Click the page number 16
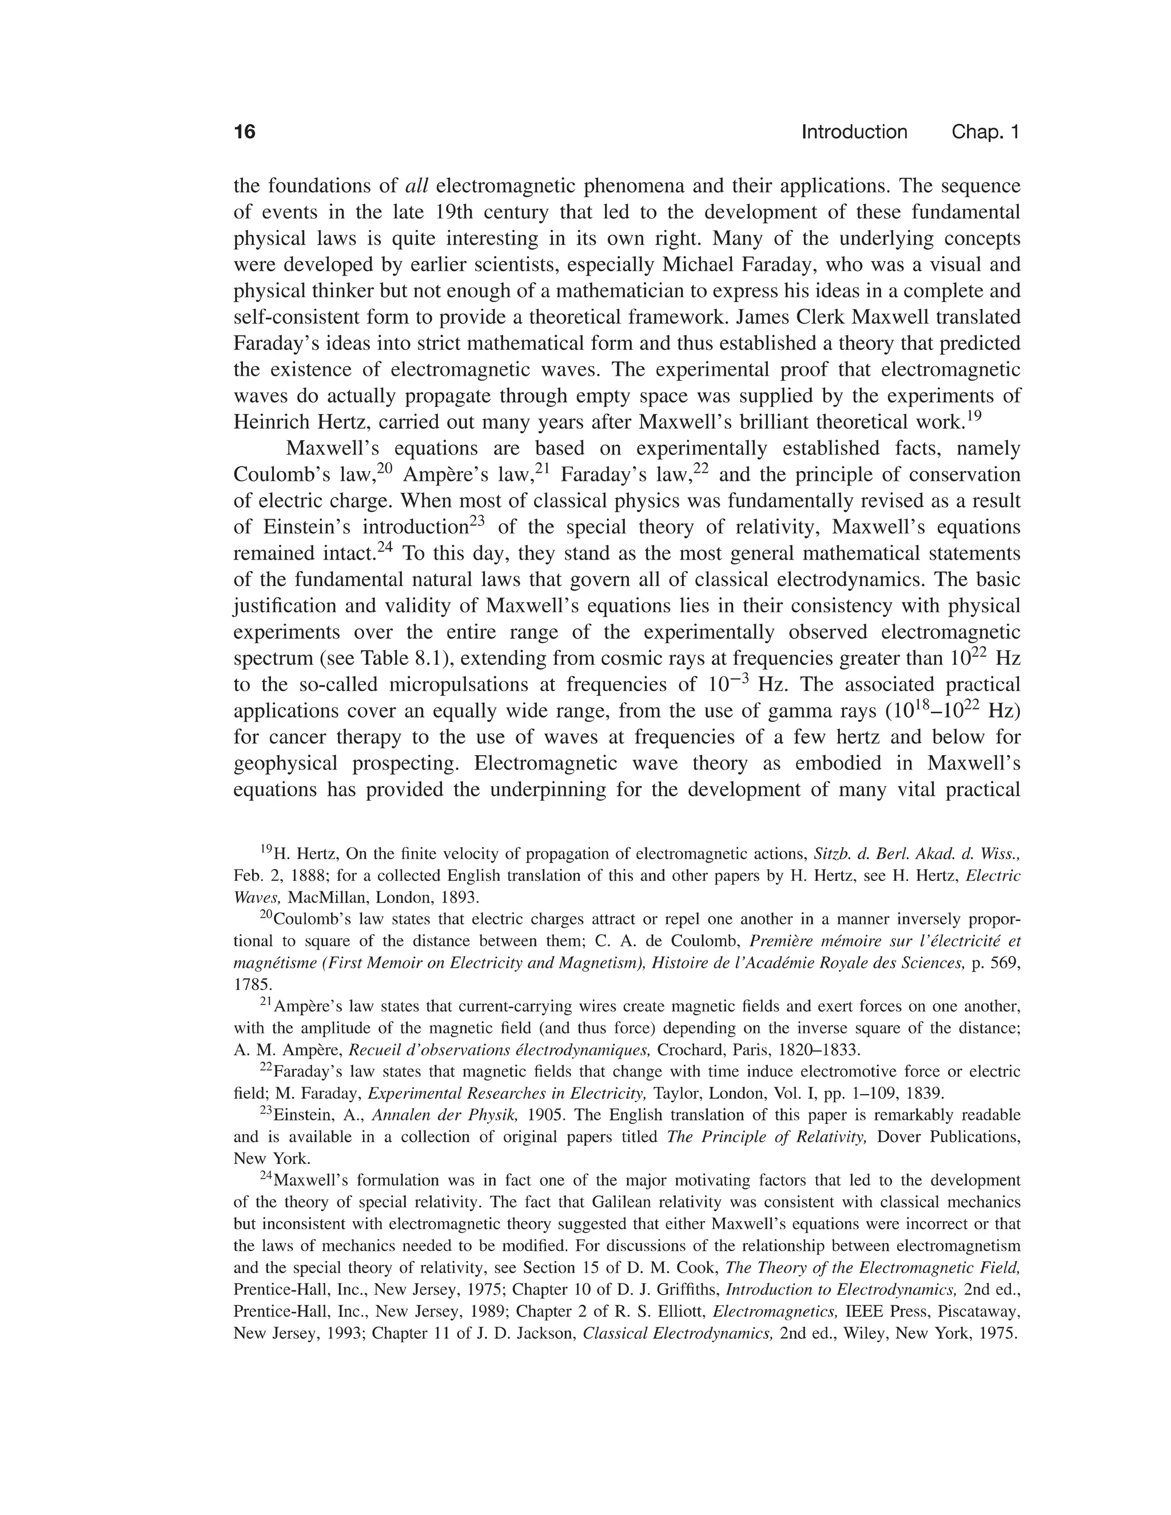(x=245, y=132)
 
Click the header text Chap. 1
(x=985, y=132)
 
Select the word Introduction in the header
(x=854, y=132)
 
